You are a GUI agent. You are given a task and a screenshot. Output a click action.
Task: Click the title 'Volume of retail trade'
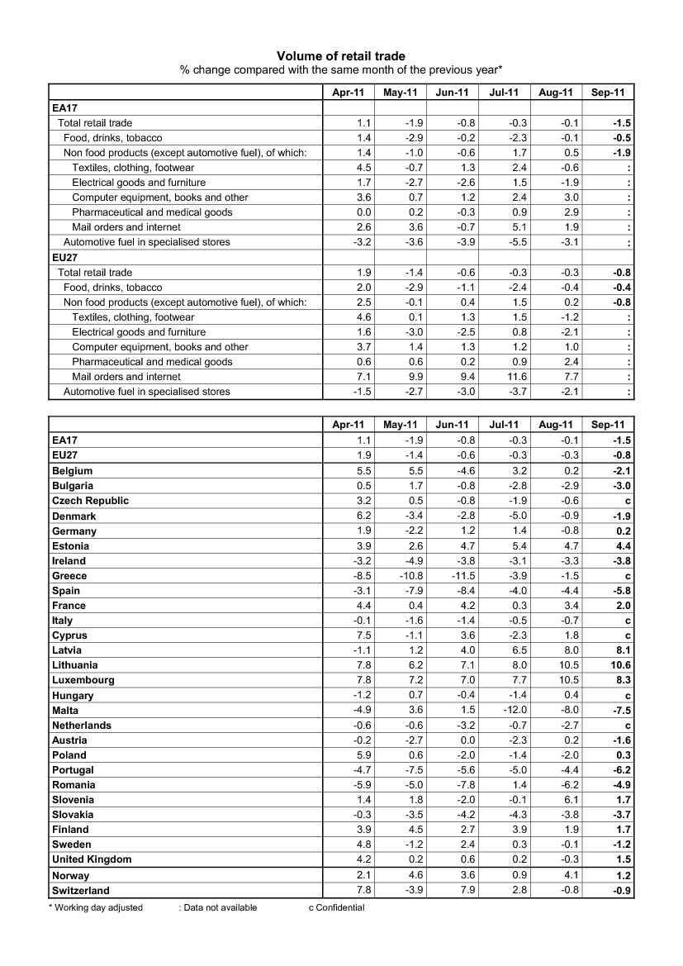pos(341,55)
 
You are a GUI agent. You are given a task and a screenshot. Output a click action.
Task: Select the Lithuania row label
pos(74,665)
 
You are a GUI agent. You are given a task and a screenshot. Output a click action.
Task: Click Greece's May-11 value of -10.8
pos(410,576)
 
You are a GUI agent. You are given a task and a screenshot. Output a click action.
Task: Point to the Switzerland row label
pos(80,891)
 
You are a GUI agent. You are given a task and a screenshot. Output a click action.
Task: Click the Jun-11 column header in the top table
pos(452,93)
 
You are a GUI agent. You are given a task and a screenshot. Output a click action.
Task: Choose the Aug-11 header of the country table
pos(555,425)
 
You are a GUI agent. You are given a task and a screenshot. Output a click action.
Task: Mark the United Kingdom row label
pos(92,859)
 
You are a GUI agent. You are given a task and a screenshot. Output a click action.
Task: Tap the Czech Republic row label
pos(90,501)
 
